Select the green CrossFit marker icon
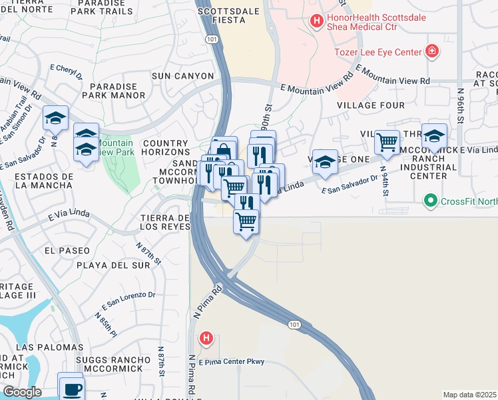(x=431, y=199)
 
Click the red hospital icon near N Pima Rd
(x=206, y=339)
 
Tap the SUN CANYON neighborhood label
(x=182, y=76)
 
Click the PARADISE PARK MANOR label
(x=118, y=91)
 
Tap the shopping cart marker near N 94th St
(x=387, y=142)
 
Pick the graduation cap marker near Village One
(x=324, y=162)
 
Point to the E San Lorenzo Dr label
(x=128, y=301)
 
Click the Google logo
(x=22, y=392)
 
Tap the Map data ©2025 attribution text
(x=469, y=395)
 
